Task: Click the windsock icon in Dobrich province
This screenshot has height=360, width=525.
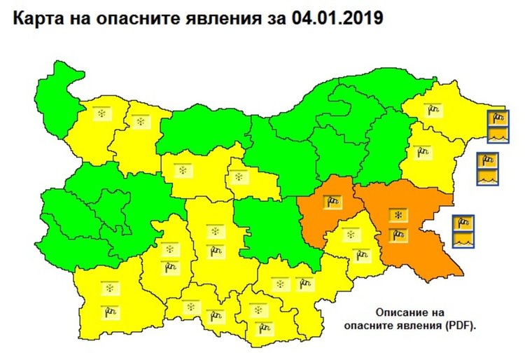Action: pyautogui.click(x=435, y=109)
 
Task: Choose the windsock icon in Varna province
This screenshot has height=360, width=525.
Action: pyautogui.click(x=421, y=151)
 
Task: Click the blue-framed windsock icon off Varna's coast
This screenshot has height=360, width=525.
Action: pyautogui.click(x=487, y=161)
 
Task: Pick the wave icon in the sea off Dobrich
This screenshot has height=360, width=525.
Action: pyautogui.click(x=498, y=133)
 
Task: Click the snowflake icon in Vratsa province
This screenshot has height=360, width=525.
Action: pyautogui.click(x=141, y=122)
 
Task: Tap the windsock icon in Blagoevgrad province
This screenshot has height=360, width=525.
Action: pyautogui.click(x=109, y=310)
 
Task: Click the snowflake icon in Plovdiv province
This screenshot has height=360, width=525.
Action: pyautogui.click(x=214, y=231)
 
